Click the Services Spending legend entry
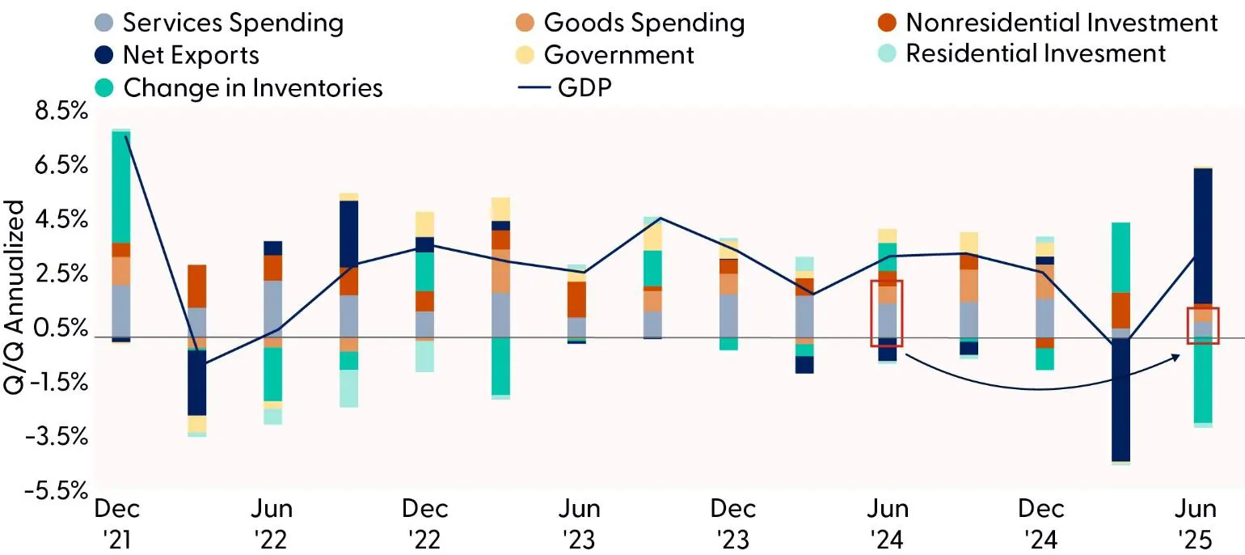(218, 23)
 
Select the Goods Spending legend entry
(630, 23)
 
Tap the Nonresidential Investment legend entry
(1048, 23)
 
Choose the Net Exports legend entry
(177, 54)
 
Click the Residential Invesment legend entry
(1022, 53)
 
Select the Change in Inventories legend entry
(238, 87)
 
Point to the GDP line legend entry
(570, 87)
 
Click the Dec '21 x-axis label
(117, 523)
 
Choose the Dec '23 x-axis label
(733, 523)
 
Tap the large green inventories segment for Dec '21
(121, 186)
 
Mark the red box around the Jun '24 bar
(886, 313)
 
